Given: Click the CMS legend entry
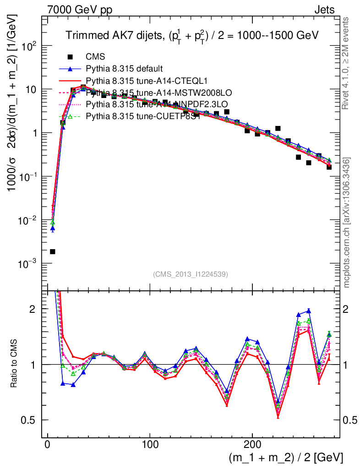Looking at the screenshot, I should click(x=95, y=57).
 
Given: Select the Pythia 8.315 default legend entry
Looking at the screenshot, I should click(x=124, y=69).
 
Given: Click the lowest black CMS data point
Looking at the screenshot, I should click(x=53, y=251).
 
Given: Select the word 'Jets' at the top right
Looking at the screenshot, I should click(x=324, y=9).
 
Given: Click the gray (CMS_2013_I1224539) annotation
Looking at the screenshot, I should click(x=191, y=274).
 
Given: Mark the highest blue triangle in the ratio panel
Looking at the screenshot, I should click(x=308, y=311).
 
